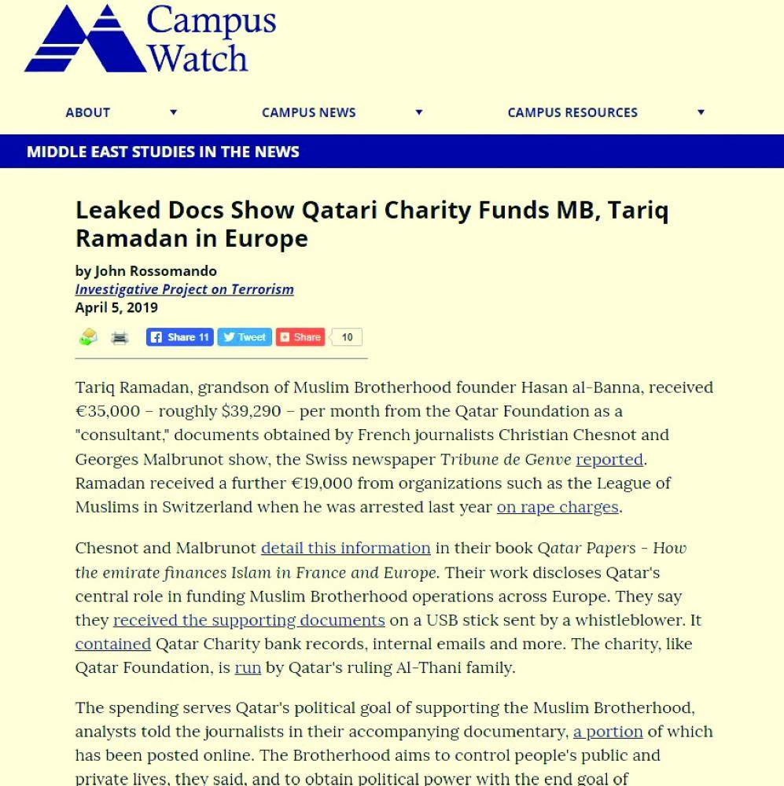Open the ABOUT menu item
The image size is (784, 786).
pyautogui.click(x=87, y=112)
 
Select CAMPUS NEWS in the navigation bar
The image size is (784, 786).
pyautogui.click(x=308, y=112)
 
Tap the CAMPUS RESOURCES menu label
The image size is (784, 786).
pyautogui.click(x=572, y=112)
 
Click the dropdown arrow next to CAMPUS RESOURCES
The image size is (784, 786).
pyautogui.click(x=701, y=112)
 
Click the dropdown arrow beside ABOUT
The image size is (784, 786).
pyautogui.click(x=174, y=112)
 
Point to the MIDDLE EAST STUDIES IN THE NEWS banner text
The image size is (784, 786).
pyautogui.click(x=163, y=152)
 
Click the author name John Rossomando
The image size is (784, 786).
pyautogui.click(x=156, y=271)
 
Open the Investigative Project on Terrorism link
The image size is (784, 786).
pyautogui.click(x=184, y=289)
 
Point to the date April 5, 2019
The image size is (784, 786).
pyautogui.click(x=116, y=307)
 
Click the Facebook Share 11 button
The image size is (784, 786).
pyautogui.click(x=179, y=337)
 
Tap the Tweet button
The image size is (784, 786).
pyautogui.click(x=244, y=337)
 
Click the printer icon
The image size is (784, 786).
pyautogui.click(x=120, y=338)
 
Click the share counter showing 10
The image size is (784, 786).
pyautogui.click(x=347, y=337)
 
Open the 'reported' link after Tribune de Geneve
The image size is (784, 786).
pyautogui.click(x=609, y=459)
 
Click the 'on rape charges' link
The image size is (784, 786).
pyautogui.click(x=557, y=507)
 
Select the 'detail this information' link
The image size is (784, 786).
pyautogui.click(x=345, y=548)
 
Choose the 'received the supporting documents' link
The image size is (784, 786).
pyautogui.click(x=248, y=620)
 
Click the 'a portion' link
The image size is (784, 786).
pyautogui.click(x=608, y=732)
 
